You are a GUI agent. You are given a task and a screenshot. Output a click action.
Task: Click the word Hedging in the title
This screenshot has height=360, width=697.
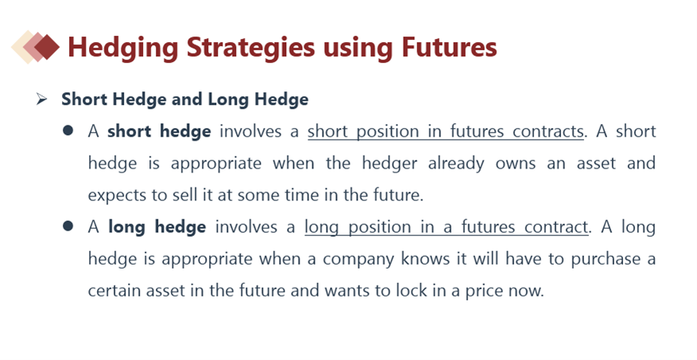(122, 48)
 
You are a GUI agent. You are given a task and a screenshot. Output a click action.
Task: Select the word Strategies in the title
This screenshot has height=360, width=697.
(250, 48)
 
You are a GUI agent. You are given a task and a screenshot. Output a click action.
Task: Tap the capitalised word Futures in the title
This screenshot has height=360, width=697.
(449, 47)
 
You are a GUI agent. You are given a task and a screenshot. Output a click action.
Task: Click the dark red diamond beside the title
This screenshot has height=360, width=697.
(47, 47)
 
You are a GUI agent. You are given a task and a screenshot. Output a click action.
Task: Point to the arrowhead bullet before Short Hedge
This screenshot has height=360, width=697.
(42, 99)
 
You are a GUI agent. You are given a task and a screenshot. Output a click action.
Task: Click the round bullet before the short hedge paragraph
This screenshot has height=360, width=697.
(68, 130)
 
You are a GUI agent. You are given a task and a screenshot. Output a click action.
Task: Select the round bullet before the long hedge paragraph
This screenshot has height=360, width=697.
(68, 226)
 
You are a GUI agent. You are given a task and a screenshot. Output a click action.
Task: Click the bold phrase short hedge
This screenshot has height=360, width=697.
(159, 132)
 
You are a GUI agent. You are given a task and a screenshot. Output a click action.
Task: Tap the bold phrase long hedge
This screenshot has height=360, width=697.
(157, 227)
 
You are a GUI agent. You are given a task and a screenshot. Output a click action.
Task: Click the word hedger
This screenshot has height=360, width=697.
(389, 164)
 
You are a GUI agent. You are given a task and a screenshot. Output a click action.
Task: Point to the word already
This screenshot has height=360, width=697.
(456, 164)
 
